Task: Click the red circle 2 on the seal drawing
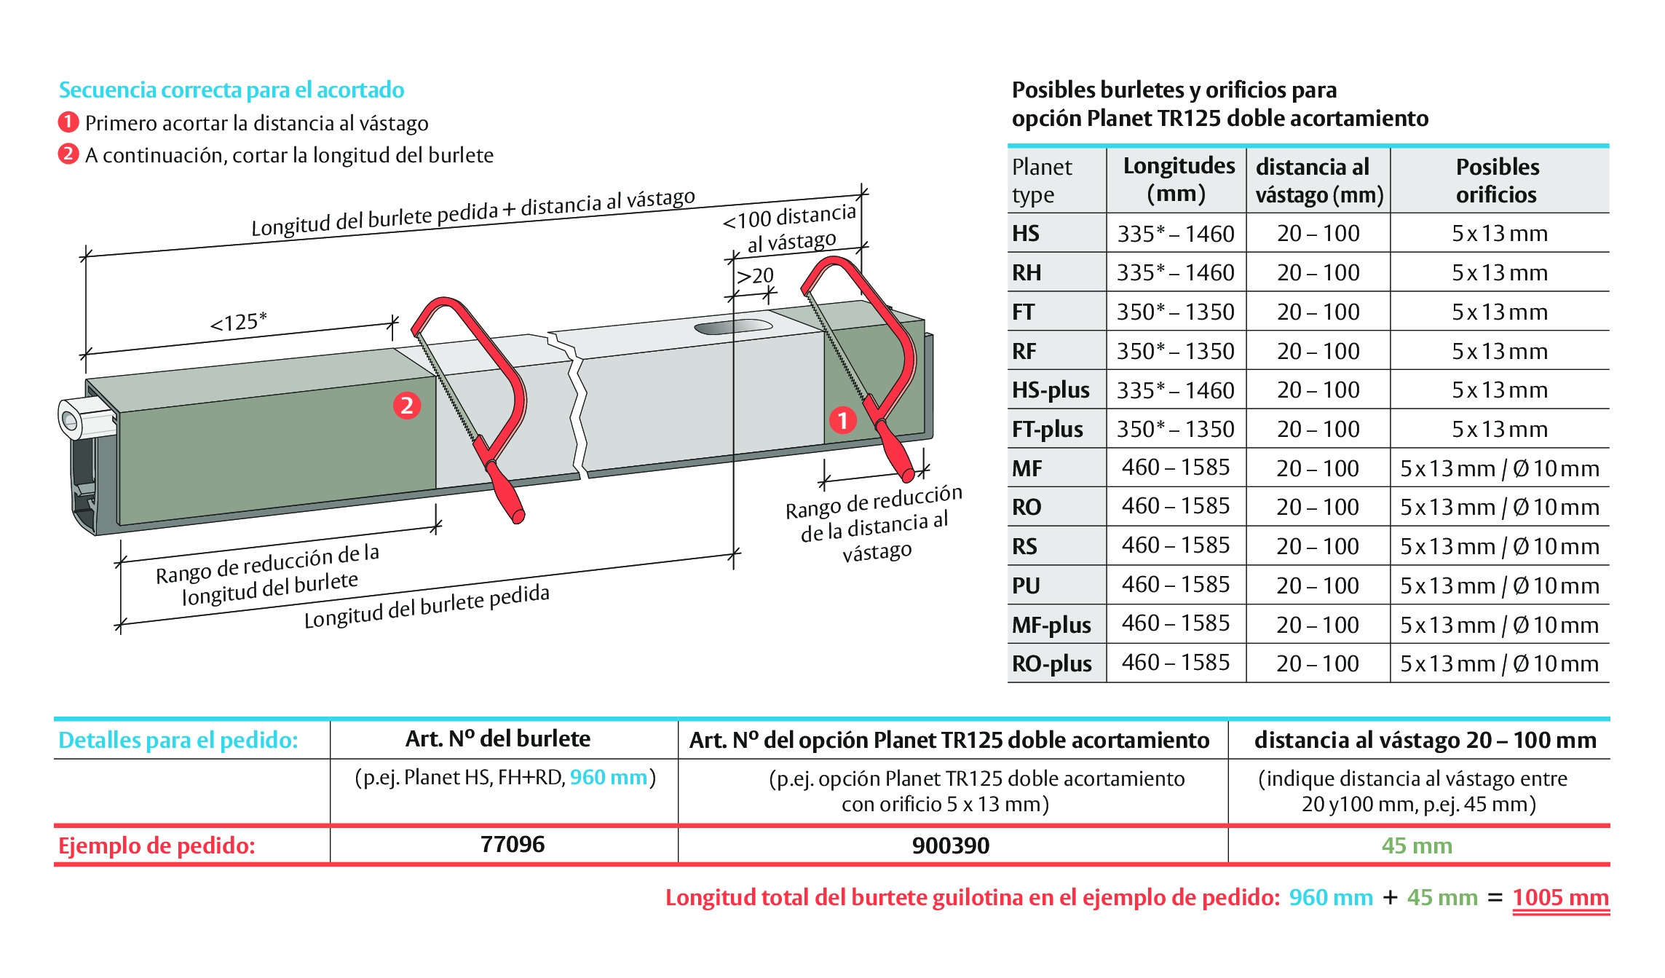(407, 406)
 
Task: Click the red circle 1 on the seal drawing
(843, 420)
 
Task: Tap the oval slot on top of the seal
(733, 326)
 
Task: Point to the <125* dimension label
(239, 321)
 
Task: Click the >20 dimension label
(755, 276)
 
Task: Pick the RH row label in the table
(1027, 272)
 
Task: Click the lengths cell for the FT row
(1176, 312)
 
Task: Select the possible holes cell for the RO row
(1500, 507)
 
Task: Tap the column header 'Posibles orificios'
(1498, 181)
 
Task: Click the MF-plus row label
(1051, 625)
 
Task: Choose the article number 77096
(513, 844)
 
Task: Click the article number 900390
(951, 845)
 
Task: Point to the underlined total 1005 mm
(1561, 897)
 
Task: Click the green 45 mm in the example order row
(1417, 845)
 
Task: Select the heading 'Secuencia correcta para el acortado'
(232, 90)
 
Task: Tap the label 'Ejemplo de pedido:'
(157, 845)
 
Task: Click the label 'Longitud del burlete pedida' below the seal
(427, 606)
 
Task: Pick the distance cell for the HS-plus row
(1318, 390)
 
